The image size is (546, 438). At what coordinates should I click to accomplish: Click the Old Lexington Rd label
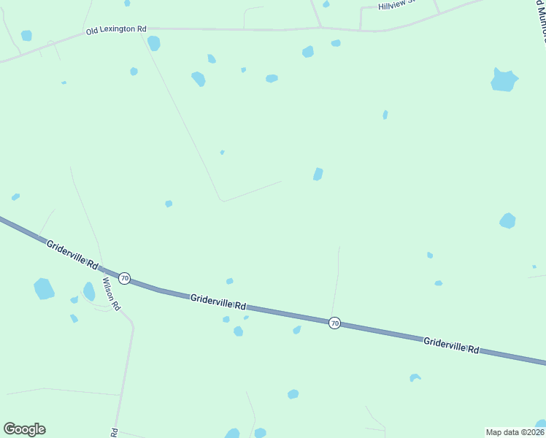[116, 30]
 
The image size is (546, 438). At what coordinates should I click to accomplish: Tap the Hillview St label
[396, 5]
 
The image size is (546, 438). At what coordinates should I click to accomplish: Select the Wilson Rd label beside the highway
[111, 291]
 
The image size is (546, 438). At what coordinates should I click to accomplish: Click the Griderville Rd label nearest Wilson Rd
[72, 254]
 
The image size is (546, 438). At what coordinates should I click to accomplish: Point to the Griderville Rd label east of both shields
[451, 345]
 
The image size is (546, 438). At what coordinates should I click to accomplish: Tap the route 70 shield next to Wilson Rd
[125, 278]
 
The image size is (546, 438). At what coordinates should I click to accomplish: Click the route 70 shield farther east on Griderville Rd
[334, 323]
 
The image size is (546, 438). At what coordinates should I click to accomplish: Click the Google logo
[24, 429]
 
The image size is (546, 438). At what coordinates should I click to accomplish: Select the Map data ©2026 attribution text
[515, 431]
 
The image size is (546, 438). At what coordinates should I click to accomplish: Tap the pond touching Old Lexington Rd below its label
[153, 43]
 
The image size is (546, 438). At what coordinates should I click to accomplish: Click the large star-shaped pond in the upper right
[504, 80]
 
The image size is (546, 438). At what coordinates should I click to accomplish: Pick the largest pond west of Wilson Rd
[44, 289]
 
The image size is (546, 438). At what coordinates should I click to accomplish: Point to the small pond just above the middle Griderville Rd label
[229, 281]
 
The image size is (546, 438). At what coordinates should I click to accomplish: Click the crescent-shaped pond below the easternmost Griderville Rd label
[415, 377]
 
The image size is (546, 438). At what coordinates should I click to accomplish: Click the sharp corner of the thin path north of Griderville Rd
[221, 200]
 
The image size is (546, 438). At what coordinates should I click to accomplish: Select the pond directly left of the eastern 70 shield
[297, 330]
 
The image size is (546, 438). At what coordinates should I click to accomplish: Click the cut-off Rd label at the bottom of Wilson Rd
[115, 432]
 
